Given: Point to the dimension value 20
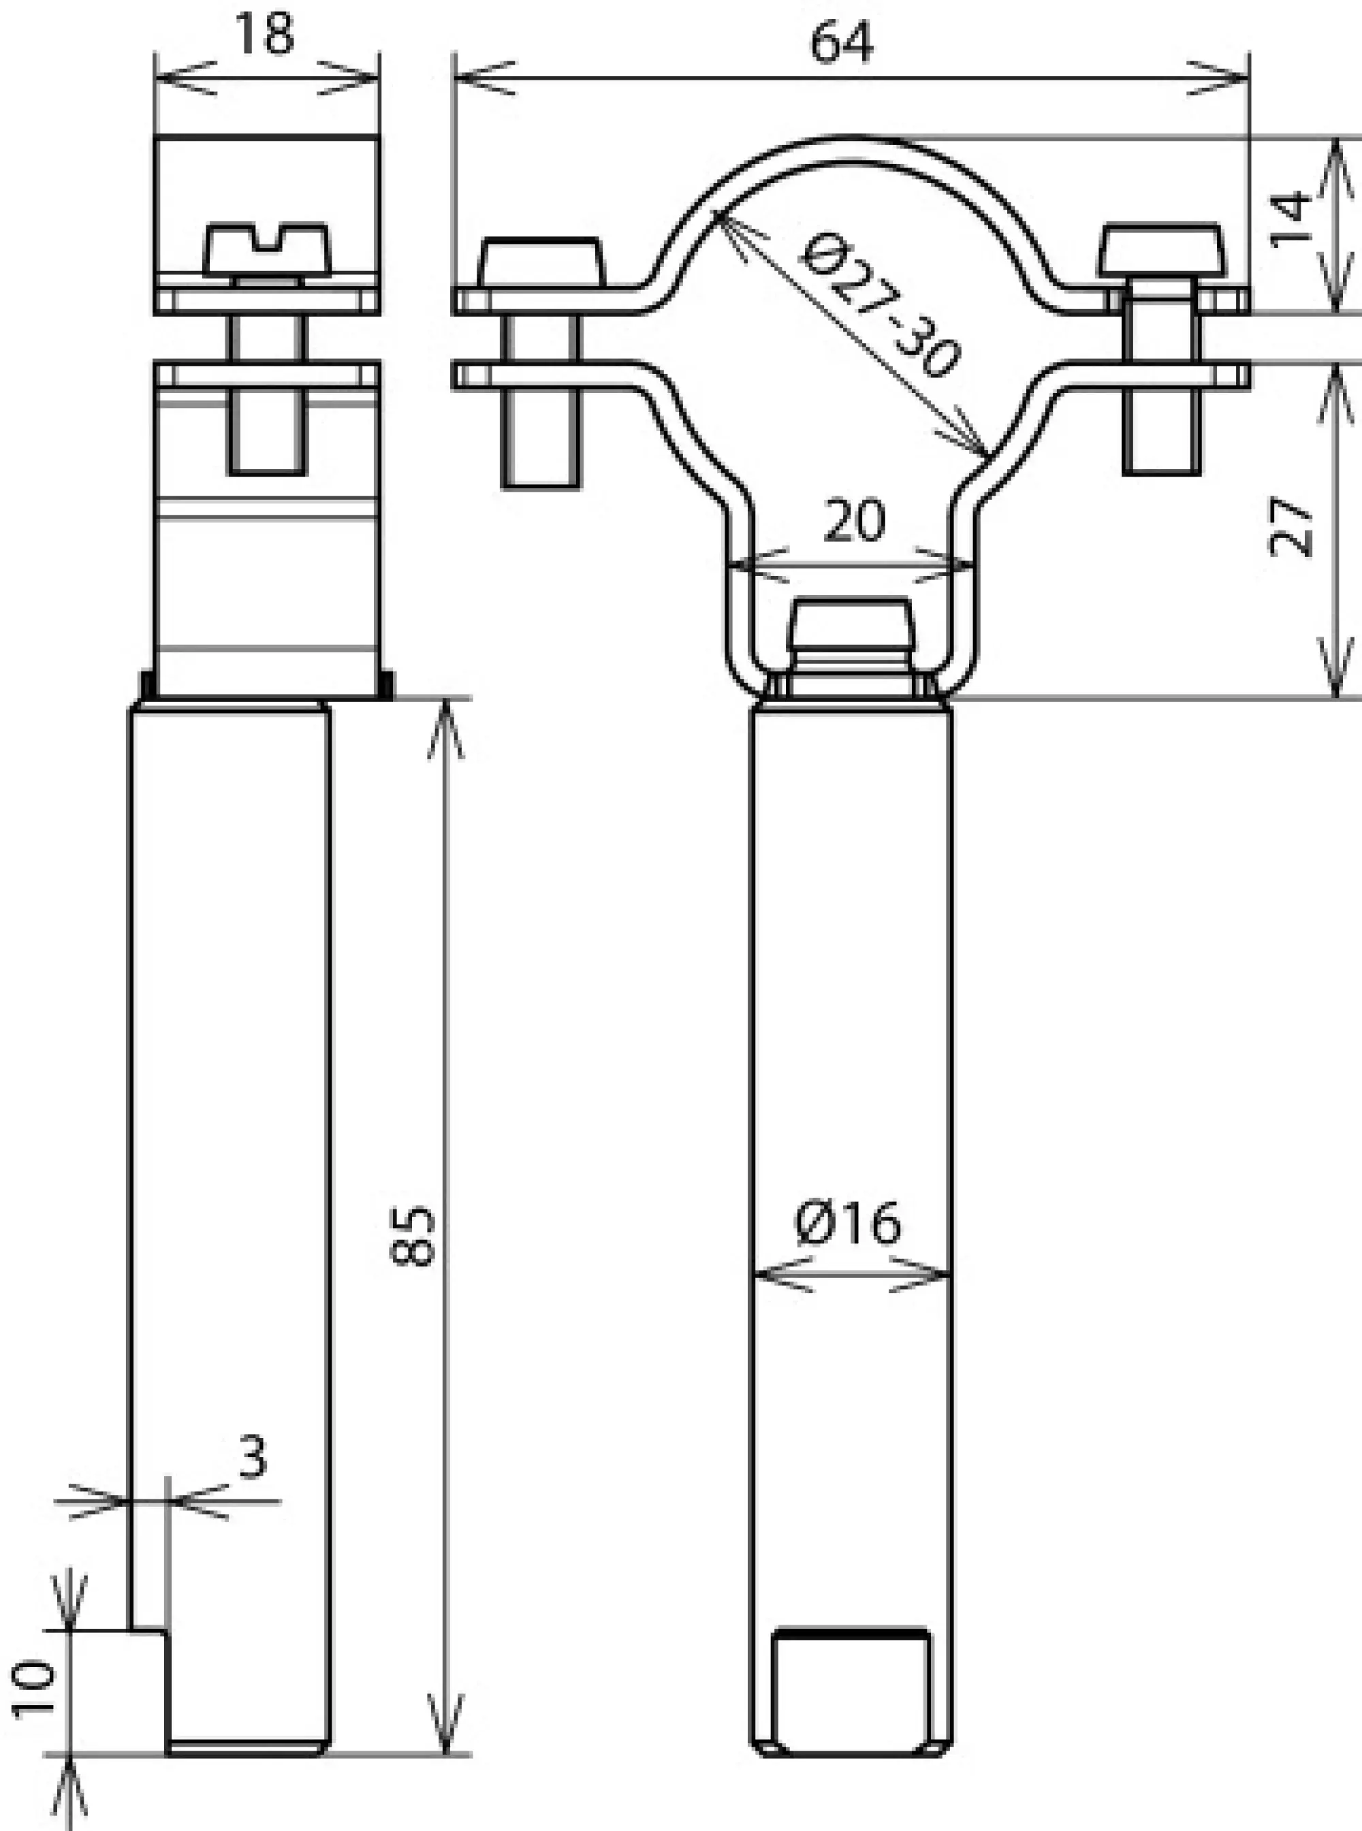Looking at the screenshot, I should click(854, 521).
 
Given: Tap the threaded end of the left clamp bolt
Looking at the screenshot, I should click(541, 445).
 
